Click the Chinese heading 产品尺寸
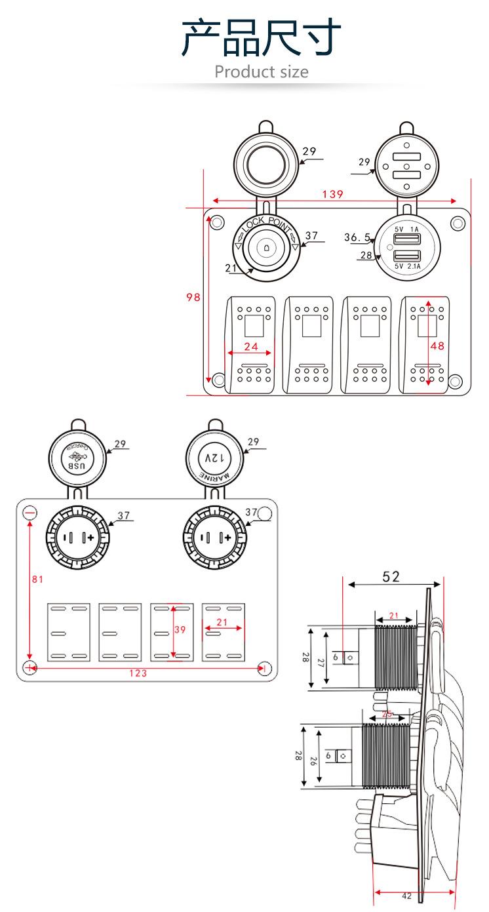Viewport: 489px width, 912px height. tap(262, 37)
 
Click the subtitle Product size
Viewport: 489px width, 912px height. tap(261, 71)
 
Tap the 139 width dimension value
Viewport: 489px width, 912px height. tap(334, 194)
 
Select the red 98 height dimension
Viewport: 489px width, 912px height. tap(193, 297)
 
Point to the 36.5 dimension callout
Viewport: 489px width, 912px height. tap(358, 237)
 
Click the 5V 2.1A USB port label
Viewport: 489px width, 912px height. tap(407, 267)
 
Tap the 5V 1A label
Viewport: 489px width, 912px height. tap(406, 229)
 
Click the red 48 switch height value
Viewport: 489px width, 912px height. tap(437, 345)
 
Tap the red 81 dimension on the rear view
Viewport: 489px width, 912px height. tap(37, 579)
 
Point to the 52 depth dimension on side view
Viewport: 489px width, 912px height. tap(391, 576)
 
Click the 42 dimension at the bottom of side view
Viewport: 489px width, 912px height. tap(406, 896)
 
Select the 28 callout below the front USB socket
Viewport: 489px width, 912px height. tap(364, 255)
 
